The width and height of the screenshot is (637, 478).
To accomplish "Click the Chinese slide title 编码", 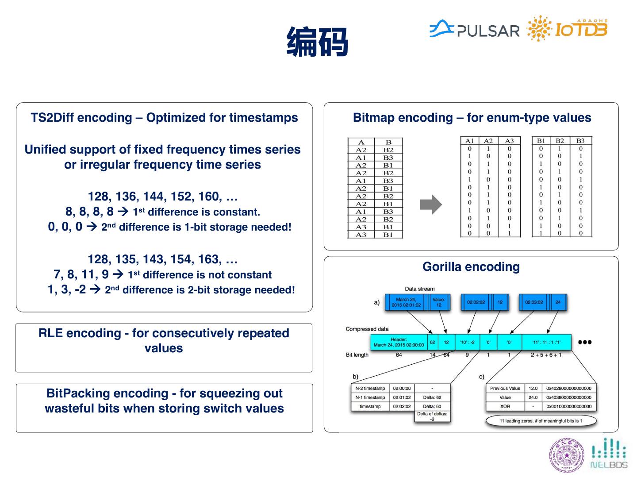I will tap(317, 42).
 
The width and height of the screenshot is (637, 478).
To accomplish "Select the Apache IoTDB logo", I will tap(568, 29).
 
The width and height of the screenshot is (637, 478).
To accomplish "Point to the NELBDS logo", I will tap(609, 454).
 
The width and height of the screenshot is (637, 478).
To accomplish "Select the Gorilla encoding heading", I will tap(471, 266).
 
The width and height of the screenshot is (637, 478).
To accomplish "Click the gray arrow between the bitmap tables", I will tap(430, 204).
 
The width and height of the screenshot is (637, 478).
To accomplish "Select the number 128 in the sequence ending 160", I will tap(98, 197).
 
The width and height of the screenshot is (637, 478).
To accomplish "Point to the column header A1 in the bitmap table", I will tap(469, 141).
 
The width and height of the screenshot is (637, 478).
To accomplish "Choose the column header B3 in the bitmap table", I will tap(580, 141).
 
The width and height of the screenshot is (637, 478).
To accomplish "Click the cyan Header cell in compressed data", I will tap(399, 342).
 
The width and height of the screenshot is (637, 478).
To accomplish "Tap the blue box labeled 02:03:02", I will tap(533, 302).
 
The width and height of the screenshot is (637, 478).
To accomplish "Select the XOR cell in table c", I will tap(505, 406).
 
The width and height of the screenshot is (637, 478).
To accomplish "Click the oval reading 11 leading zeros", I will tap(541, 420).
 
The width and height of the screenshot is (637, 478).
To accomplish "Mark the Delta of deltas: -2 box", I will tap(432, 416).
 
